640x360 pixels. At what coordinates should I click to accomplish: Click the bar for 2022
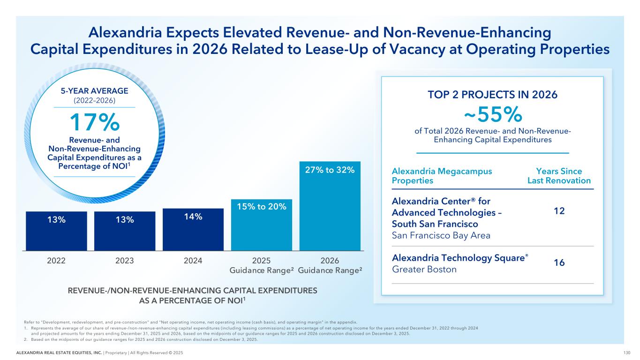click(x=56, y=231)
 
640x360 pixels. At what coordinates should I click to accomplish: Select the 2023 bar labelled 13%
click(x=125, y=231)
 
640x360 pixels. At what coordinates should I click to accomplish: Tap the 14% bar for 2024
click(x=193, y=230)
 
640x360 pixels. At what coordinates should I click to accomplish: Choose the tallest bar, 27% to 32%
click(x=330, y=206)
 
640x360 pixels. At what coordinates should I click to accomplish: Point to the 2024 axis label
click(x=193, y=261)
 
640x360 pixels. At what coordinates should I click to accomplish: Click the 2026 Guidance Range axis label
click(x=330, y=265)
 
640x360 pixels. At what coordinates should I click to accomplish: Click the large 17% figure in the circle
click(x=95, y=123)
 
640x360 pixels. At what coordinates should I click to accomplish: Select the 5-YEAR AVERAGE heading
click(x=95, y=91)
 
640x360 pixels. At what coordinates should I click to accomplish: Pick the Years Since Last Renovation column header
click(x=559, y=176)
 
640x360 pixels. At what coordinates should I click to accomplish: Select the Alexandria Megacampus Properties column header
click(x=442, y=176)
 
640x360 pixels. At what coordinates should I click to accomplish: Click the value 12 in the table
click(x=559, y=211)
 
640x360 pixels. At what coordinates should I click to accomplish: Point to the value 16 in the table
click(x=559, y=263)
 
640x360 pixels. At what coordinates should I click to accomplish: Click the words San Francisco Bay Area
click(x=441, y=235)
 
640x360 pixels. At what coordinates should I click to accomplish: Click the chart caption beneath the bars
click(x=193, y=295)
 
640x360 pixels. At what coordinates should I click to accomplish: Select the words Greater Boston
click(x=424, y=270)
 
